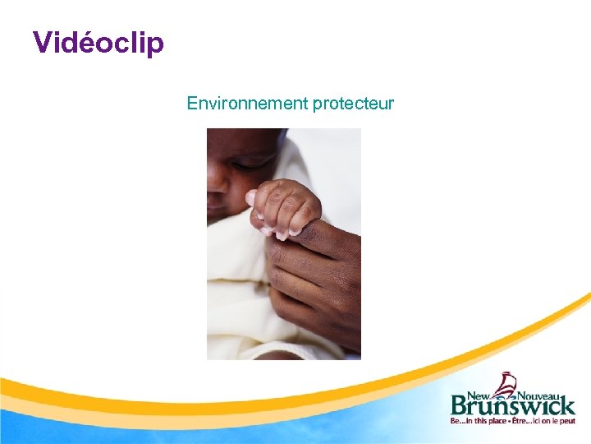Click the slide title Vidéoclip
pos(98,42)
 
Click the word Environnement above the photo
pos(246,104)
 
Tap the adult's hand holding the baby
pos(316,280)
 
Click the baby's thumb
pos(254,197)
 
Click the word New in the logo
pos(481,394)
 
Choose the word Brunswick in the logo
pos(512,408)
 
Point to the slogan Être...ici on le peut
pos(545,422)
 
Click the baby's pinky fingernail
pos(282,236)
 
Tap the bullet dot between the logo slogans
pos(511,422)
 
